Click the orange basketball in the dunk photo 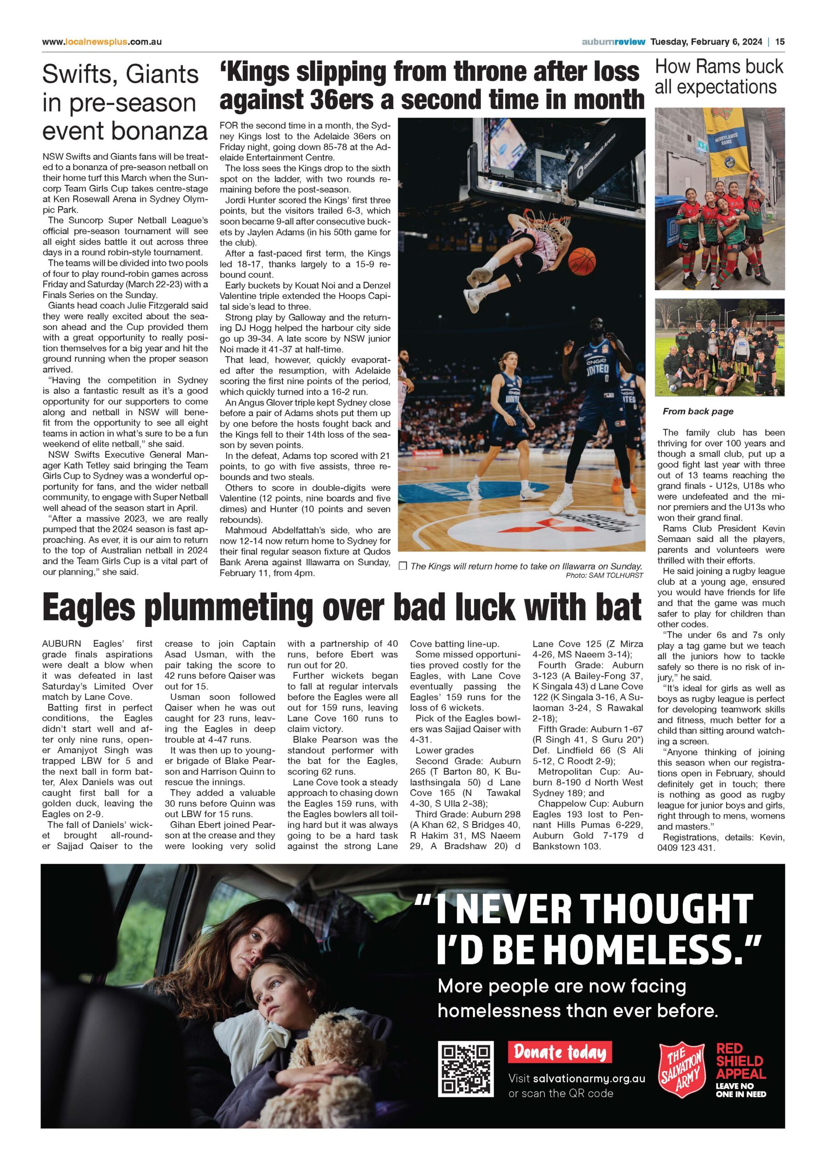pyautogui.click(x=581, y=259)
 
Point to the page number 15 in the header pyautogui.click(x=780, y=42)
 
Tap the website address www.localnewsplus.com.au pyautogui.click(x=102, y=42)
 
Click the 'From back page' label pyautogui.click(x=698, y=411)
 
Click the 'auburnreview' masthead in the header pyautogui.click(x=613, y=42)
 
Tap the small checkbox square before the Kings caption pyautogui.click(x=402, y=566)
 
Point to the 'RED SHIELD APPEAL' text pyautogui.click(x=741, y=1061)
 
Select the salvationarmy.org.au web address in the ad pyautogui.click(x=589, y=1078)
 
